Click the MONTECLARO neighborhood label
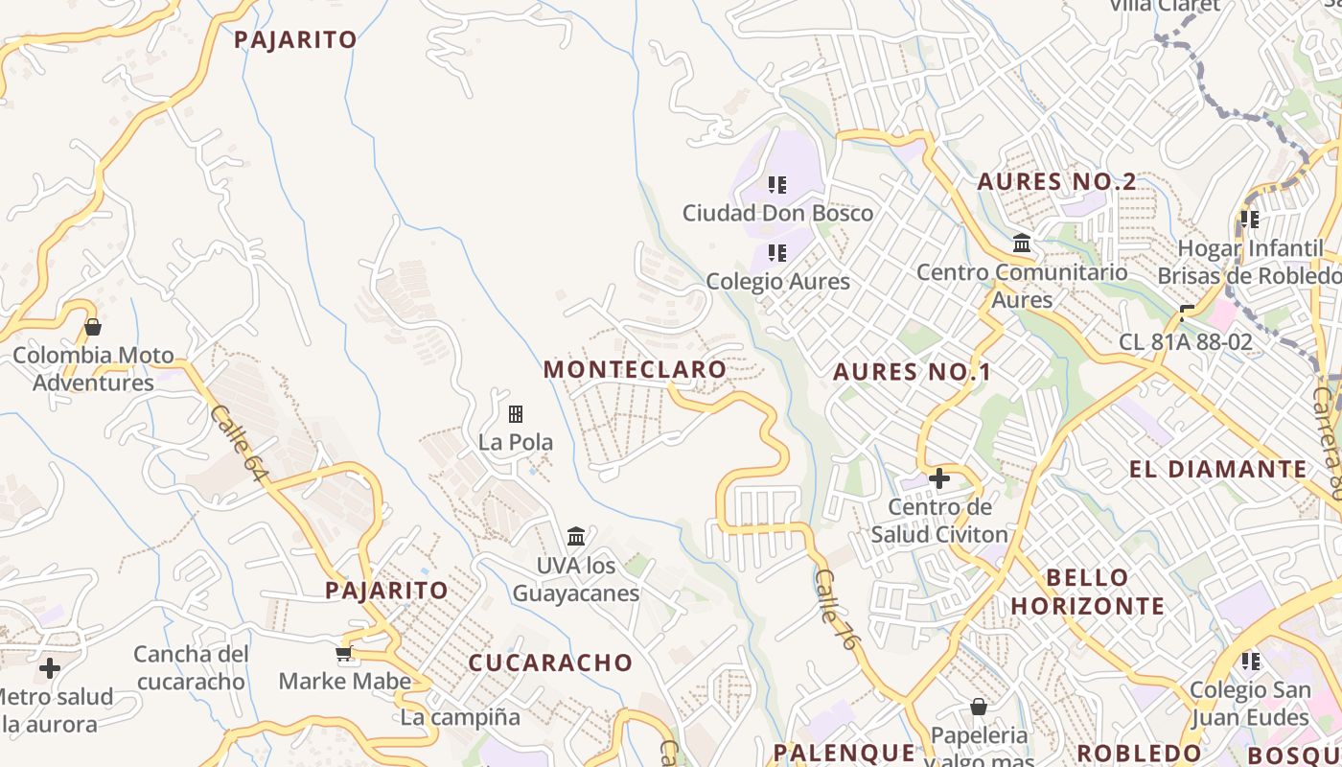(635, 369)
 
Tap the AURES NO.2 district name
(1056, 181)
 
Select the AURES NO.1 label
(912, 372)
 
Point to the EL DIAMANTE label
(1217, 469)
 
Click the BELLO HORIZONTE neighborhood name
(1087, 592)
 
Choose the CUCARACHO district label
(550, 662)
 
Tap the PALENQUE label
(845, 752)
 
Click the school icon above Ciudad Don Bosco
(776, 184)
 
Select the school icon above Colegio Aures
(776, 253)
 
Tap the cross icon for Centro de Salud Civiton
(939, 477)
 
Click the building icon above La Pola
(516, 414)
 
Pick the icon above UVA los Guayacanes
(575, 536)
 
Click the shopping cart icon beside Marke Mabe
(344, 654)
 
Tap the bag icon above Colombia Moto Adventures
(93, 327)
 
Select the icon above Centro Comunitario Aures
(1022, 244)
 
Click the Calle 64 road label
(237, 442)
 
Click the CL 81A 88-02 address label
(1186, 342)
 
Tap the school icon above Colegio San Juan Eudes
(1250, 662)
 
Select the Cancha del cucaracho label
(191, 667)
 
